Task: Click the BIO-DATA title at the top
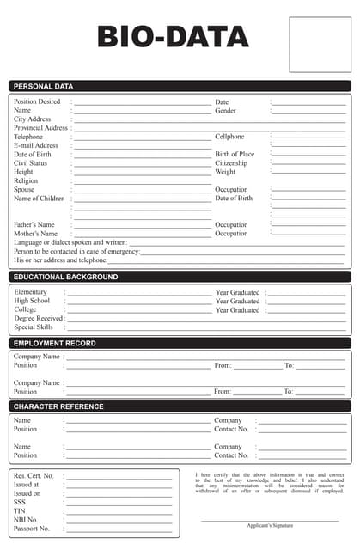click(173, 37)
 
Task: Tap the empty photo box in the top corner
click(320, 40)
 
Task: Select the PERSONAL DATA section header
click(44, 86)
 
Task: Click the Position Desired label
click(37, 101)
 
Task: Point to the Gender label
click(225, 111)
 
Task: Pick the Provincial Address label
click(40, 128)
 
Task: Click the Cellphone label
click(229, 137)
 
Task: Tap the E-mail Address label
click(36, 146)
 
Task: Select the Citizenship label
click(231, 163)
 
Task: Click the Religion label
click(26, 181)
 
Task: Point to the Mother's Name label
click(35, 234)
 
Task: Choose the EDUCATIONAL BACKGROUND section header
click(66, 277)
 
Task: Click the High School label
click(33, 302)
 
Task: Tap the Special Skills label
click(34, 327)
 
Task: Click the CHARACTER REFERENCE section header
click(58, 406)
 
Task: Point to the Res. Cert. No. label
click(34, 475)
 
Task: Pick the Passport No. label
click(32, 529)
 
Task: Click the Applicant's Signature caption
click(270, 525)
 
